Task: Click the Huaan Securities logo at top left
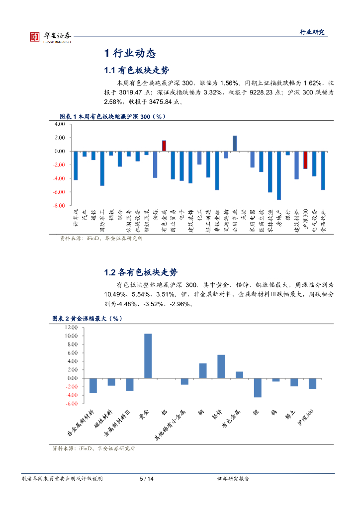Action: pos(50,36)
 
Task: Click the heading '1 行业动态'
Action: pos(130,53)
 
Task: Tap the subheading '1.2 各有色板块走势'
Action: pos(140,272)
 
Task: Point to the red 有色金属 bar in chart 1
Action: pos(164,146)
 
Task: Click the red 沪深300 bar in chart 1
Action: pos(305,160)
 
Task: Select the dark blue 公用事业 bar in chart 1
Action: pos(235,143)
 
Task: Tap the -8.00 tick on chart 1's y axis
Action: pos(60,205)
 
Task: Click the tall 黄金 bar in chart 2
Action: pos(148,356)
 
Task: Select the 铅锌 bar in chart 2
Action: pos(221,366)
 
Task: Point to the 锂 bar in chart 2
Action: pos(257,388)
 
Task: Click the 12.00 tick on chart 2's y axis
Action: pos(71,328)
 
